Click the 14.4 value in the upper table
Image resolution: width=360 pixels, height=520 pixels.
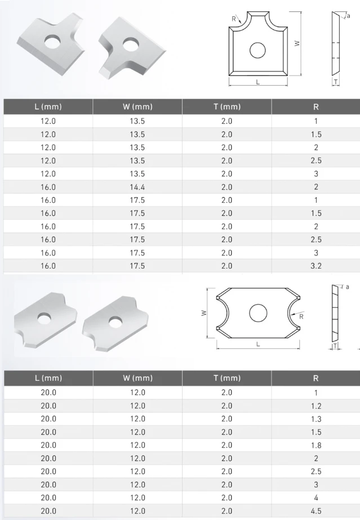pos(137,187)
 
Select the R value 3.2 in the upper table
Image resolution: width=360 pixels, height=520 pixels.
pos(316,266)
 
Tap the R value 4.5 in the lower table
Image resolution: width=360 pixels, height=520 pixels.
pos(316,511)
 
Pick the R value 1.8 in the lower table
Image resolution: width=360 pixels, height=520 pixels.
pos(316,446)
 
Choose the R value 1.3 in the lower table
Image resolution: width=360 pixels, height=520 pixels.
pos(316,419)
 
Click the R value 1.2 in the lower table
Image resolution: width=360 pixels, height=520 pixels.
pos(316,406)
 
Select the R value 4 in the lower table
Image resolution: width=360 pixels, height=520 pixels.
pos(316,498)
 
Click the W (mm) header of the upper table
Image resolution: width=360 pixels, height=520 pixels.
pos(137,107)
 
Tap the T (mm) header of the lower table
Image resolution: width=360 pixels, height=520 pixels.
pos(227,378)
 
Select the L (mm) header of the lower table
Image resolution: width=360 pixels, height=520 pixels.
pos(48,378)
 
